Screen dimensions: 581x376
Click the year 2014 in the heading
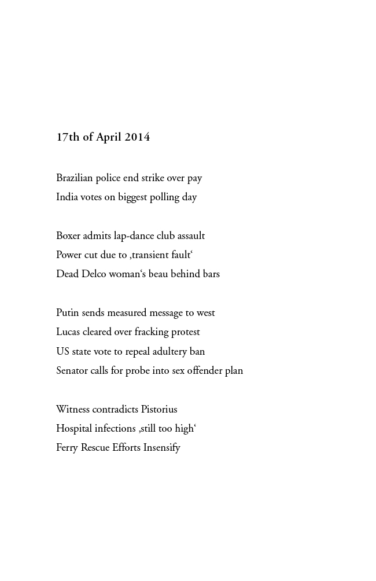(137, 137)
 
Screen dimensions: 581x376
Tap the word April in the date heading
(109, 137)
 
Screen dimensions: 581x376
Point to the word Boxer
(68, 236)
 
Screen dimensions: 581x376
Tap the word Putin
(68, 312)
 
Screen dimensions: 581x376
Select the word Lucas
(68, 332)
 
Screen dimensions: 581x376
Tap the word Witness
(73, 409)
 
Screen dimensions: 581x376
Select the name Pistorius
(159, 409)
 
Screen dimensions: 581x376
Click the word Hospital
(73, 429)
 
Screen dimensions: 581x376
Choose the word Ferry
(67, 448)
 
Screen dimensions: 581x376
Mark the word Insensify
(162, 448)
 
